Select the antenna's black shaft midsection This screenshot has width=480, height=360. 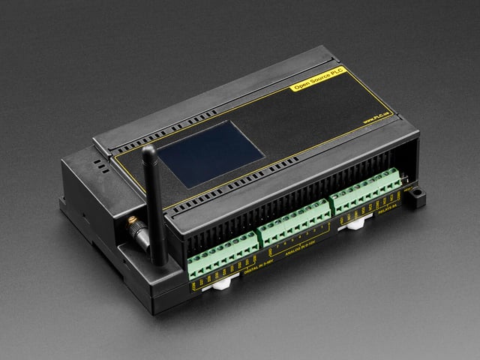(x=154, y=202)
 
